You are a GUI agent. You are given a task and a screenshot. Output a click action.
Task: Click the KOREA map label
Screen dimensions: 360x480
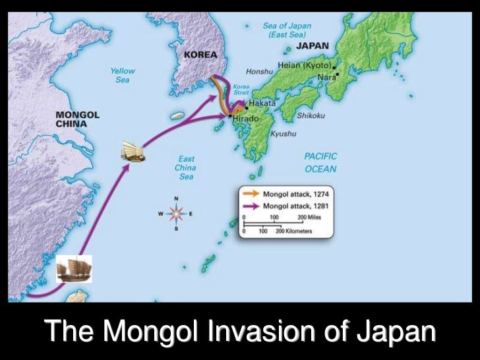[200, 55]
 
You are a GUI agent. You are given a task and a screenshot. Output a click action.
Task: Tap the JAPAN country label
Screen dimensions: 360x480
[312, 46]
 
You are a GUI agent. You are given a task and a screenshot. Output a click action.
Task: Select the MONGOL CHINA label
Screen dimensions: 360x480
[77, 119]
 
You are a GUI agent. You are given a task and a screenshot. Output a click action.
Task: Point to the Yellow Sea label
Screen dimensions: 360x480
[123, 75]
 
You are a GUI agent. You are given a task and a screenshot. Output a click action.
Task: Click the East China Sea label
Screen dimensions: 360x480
[185, 168]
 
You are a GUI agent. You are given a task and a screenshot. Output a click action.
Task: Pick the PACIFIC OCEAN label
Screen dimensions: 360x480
[320, 163]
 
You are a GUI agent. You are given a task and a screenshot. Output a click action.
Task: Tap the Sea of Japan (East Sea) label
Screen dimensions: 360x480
[287, 30]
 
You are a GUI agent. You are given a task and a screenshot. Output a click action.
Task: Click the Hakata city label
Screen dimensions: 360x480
[262, 104]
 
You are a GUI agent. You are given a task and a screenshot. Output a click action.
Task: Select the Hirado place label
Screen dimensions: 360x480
[246, 118]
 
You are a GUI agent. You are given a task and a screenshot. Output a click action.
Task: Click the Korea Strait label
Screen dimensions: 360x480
[241, 90]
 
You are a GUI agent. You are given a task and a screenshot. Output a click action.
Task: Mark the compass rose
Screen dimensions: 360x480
[177, 214]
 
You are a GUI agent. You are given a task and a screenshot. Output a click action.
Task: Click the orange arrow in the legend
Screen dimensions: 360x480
[252, 195]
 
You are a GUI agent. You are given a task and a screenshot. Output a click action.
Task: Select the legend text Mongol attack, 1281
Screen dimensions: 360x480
[295, 206]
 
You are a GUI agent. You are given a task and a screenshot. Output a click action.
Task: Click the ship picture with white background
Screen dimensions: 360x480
[74, 269]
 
